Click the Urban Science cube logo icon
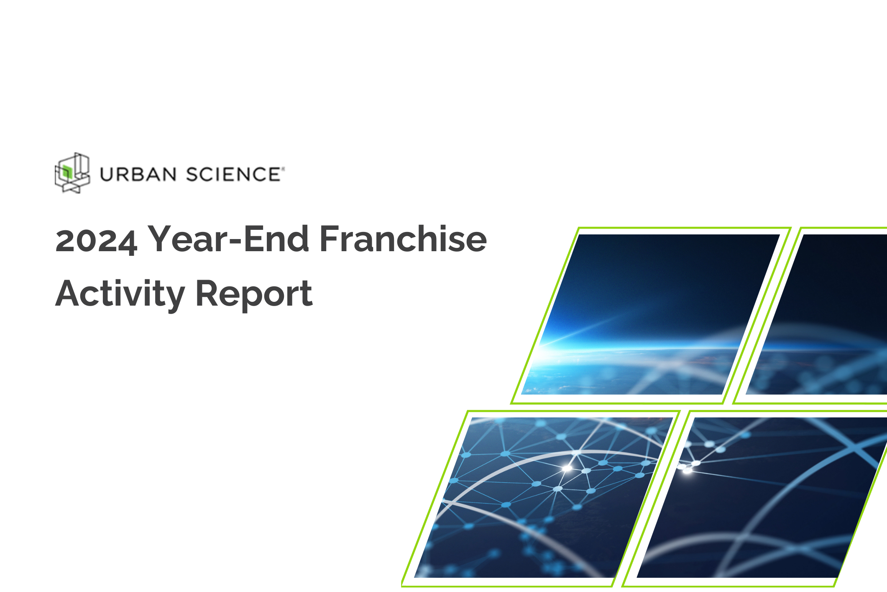coord(72,173)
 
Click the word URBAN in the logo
coord(138,175)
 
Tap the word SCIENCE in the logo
coord(233,175)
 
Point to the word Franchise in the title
coord(403,239)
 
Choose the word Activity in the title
coord(120,294)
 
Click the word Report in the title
coord(254,294)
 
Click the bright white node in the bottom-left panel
coord(567,468)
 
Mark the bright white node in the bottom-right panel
coord(687,471)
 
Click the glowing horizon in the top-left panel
coord(585,347)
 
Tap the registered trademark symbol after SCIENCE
coord(283,169)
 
